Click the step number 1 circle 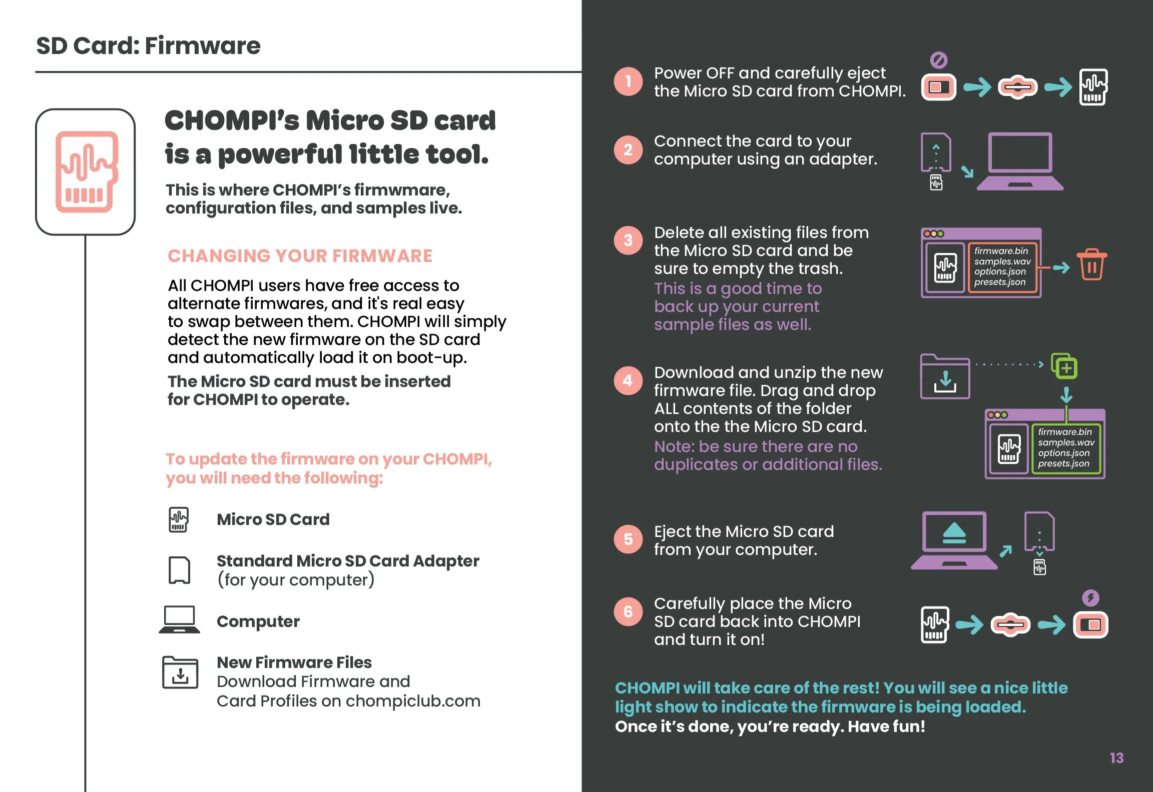(x=628, y=81)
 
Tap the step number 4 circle (x=628, y=381)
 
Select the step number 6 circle (x=628, y=611)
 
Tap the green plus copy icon (x=1064, y=367)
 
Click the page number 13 (x=1116, y=758)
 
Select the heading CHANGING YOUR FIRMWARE (x=300, y=256)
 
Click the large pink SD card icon (x=86, y=171)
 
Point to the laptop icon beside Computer (x=179, y=620)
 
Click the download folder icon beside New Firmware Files (x=180, y=673)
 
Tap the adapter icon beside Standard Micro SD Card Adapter (x=179, y=570)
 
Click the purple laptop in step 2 (x=1020, y=161)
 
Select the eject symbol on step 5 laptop (x=954, y=533)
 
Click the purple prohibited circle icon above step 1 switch (x=938, y=60)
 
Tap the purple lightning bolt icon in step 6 (x=1090, y=598)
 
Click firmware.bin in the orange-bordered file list (x=1001, y=251)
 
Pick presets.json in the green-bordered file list (x=1063, y=463)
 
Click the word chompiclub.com (x=413, y=701)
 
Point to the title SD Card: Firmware (x=148, y=46)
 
